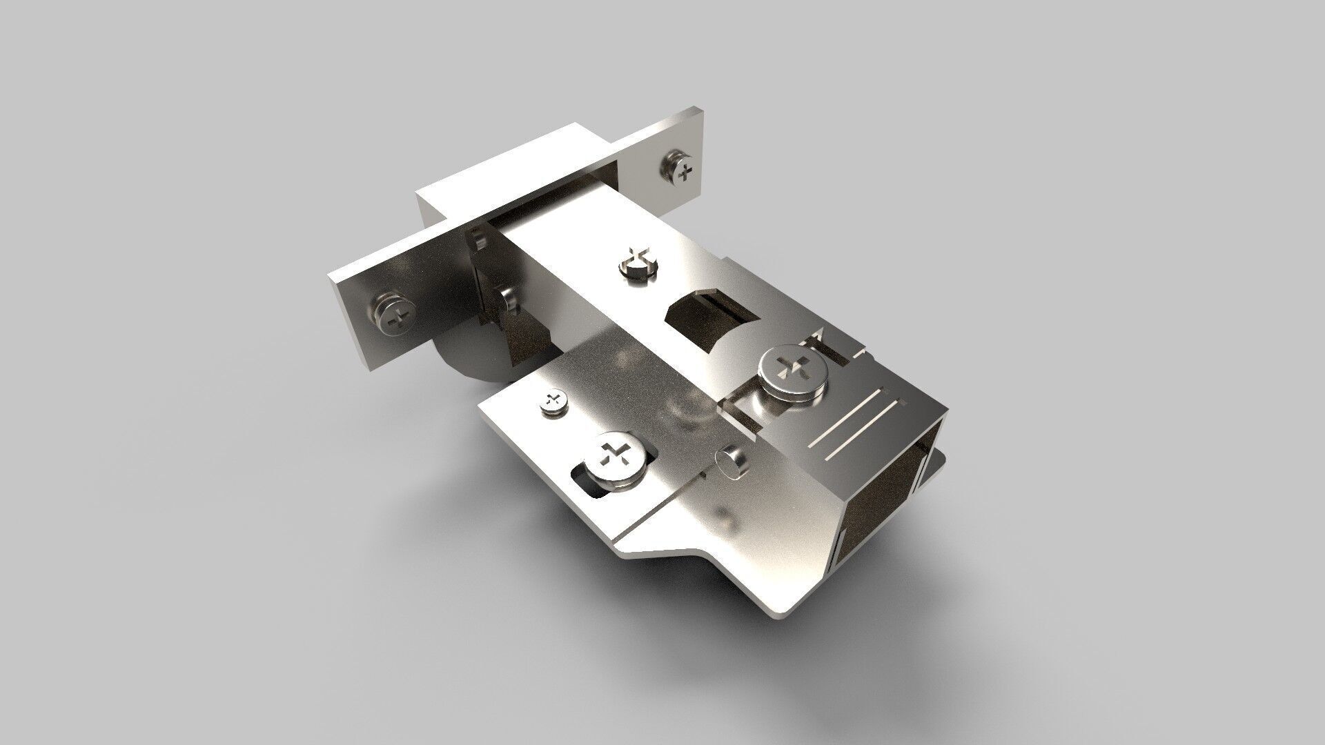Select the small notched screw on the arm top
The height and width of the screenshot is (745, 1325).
pos(636,264)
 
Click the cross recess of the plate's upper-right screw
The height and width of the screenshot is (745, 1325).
pos(685,172)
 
